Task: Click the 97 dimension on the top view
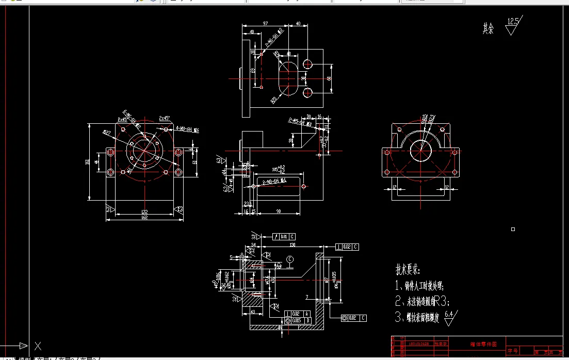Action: [x=265, y=24]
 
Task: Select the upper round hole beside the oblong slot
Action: [x=308, y=64]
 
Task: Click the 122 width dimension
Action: [x=144, y=212]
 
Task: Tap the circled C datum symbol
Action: [x=290, y=259]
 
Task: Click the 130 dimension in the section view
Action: [x=292, y=245]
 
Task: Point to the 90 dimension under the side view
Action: [x=279, y=211]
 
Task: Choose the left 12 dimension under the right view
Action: [x=393, y=187]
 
